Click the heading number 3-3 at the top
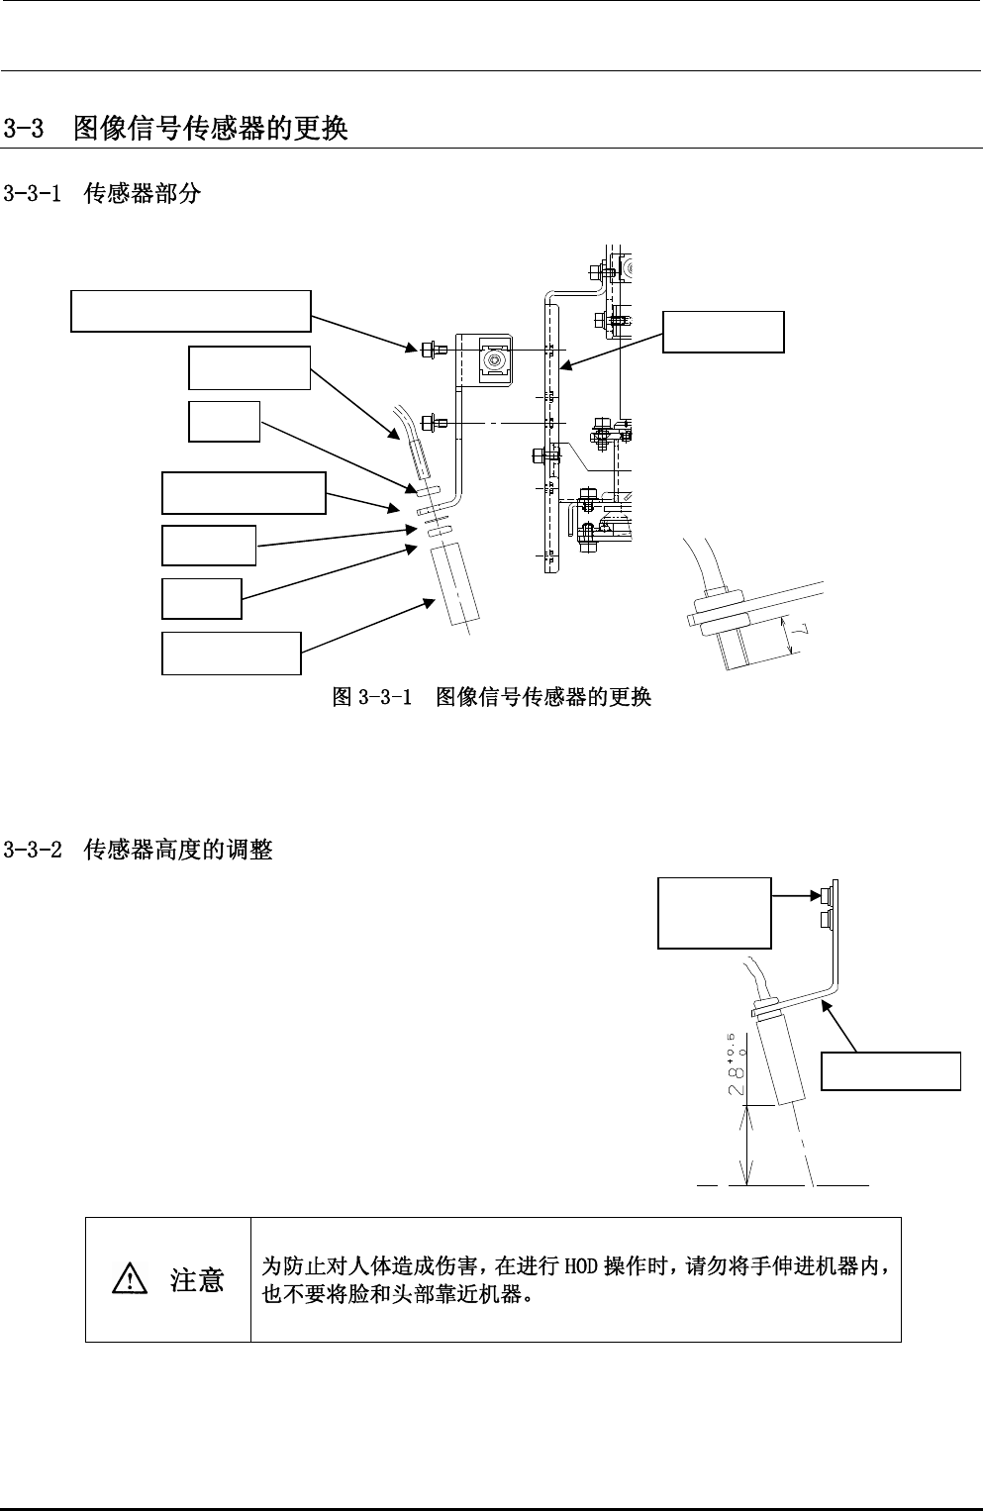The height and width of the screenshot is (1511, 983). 24,129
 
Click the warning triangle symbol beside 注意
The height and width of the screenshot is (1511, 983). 128,1281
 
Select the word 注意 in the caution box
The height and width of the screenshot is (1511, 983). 197,1281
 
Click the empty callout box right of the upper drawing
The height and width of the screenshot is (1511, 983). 723,332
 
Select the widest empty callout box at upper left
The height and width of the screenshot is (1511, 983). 191,311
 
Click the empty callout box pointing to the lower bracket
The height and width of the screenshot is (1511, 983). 891,1071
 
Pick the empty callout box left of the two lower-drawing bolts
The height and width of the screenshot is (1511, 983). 715,913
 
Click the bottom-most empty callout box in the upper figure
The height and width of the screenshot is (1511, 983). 231,654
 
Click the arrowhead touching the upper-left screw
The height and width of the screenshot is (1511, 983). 409,347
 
